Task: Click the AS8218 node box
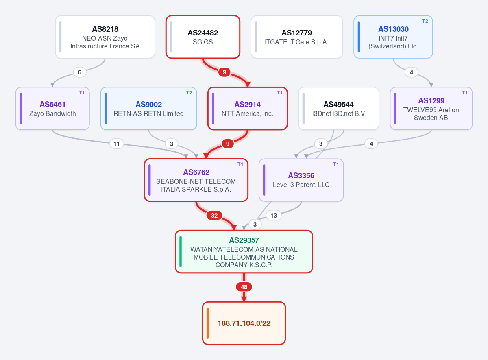(105, 37)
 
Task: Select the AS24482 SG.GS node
(203, 37)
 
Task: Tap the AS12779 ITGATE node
(297, 37)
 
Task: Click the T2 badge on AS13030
(425, 21)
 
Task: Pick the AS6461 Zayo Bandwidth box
(52, 109)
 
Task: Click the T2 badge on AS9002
(190, 93)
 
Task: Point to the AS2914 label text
(248, 105)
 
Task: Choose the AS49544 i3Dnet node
(338, 109)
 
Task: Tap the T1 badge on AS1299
(465, 93)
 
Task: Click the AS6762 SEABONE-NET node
(196, 180)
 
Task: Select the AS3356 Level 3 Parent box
(301, 180)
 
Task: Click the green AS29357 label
(244, 240)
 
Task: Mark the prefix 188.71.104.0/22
(244, 323)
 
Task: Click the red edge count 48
(244, 287)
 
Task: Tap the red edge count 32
(214, 216)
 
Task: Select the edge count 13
(274, 216)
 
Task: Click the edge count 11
(117, 144)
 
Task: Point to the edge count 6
(80, 72)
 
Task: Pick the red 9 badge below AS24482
(224, 72)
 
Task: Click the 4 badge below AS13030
(412, 72)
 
